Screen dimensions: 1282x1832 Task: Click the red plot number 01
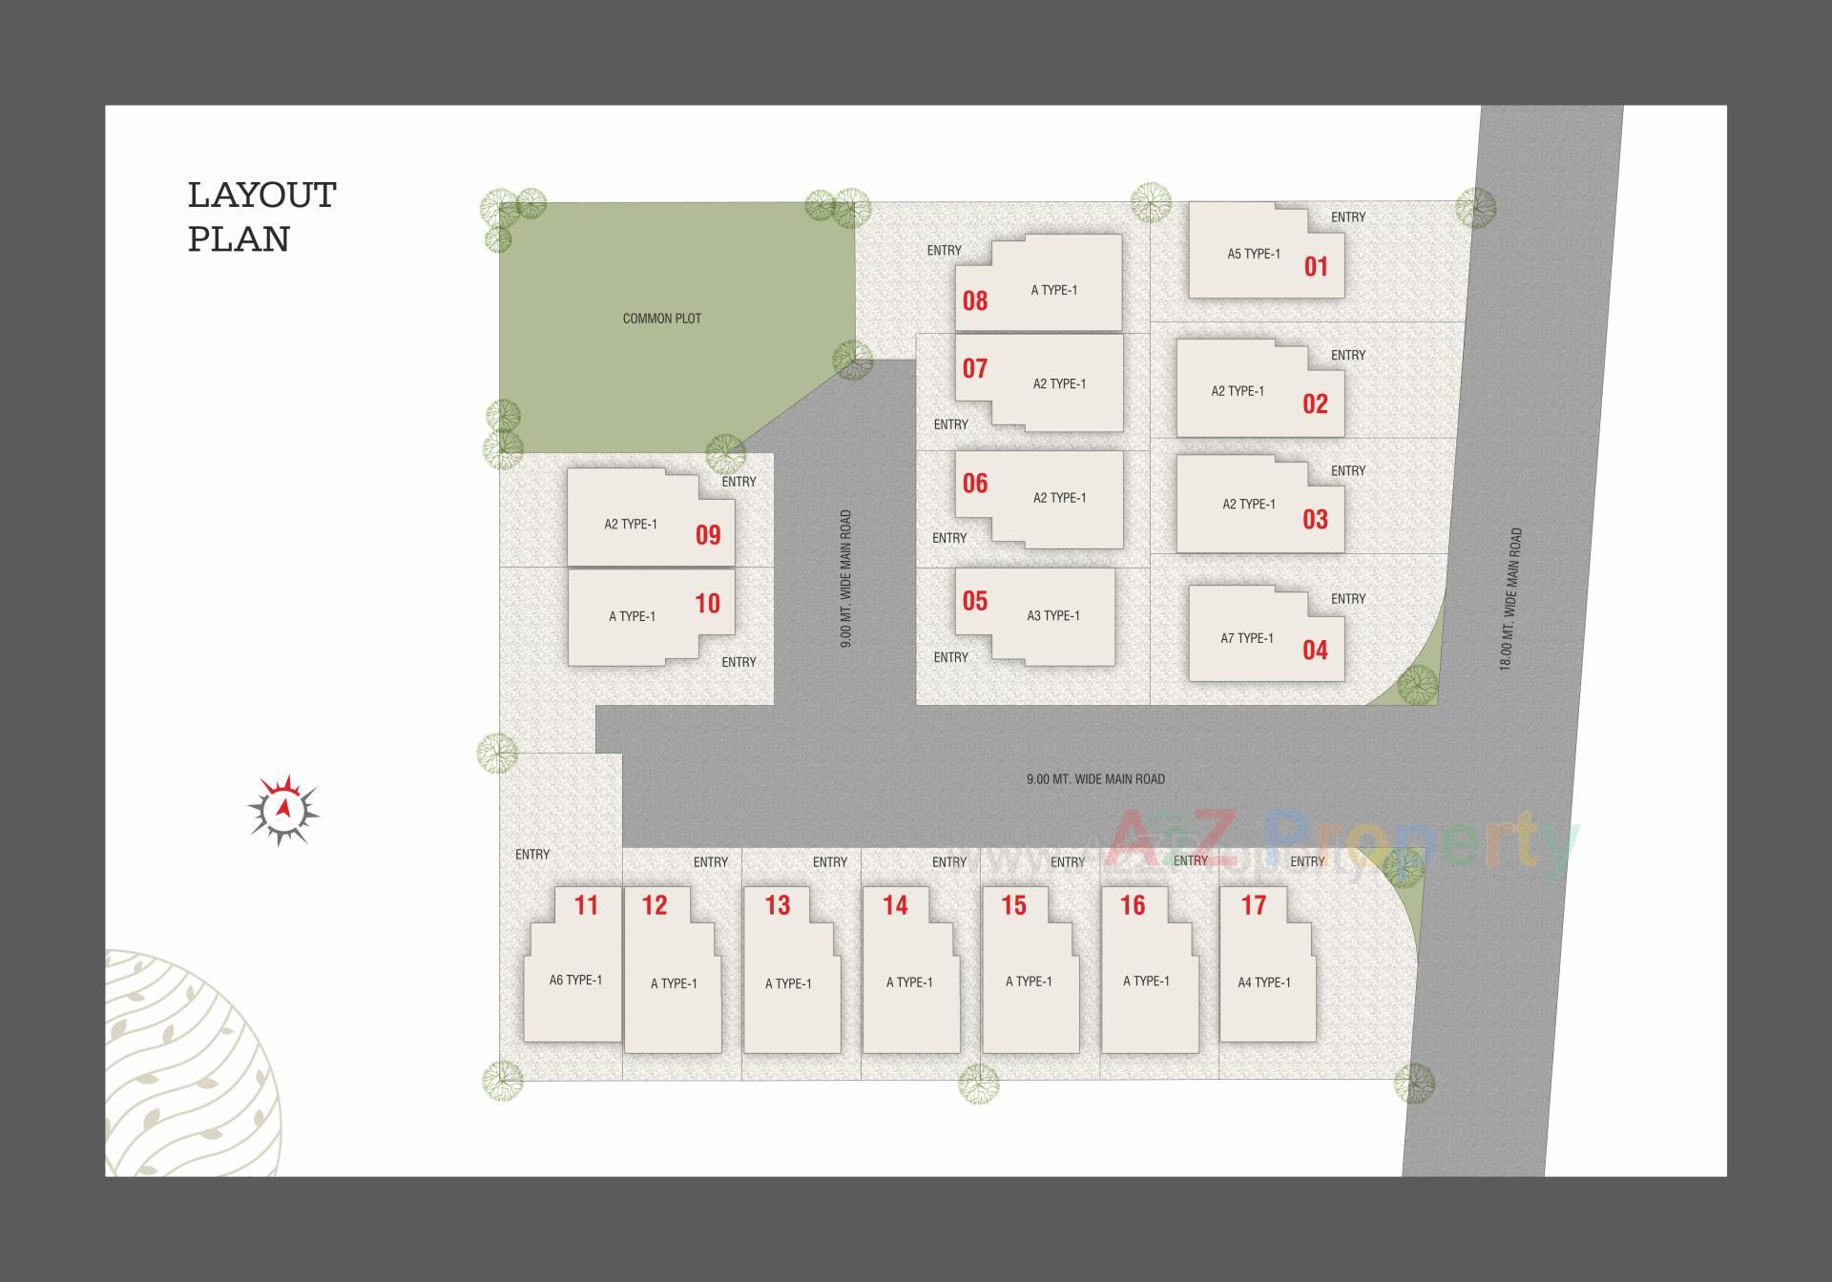[1316, 266]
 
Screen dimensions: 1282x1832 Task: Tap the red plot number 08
[974, 301]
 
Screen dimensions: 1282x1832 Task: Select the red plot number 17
[1253, 905]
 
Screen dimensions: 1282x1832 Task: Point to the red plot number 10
[707, 603]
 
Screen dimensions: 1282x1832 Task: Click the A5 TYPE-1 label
[1253, 254]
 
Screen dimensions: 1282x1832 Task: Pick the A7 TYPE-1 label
[1246, 638]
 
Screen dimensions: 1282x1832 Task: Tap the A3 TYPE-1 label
[1053, 615]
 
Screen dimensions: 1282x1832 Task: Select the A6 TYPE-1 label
[575, 980]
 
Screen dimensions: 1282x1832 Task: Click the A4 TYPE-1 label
[1263, 982]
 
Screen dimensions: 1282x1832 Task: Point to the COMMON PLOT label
[661, 319]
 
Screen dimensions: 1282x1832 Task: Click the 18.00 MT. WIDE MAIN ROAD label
[1509, 599]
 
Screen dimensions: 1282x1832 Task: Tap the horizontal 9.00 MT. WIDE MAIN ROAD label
[1094, 779]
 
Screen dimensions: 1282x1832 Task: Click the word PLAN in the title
[239, 239]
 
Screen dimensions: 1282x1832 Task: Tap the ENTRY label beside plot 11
[531, 855]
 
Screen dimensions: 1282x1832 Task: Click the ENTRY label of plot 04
[1347, 599]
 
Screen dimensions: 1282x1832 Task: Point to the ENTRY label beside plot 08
[944, 251]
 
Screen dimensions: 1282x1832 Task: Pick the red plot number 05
[974, 601]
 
